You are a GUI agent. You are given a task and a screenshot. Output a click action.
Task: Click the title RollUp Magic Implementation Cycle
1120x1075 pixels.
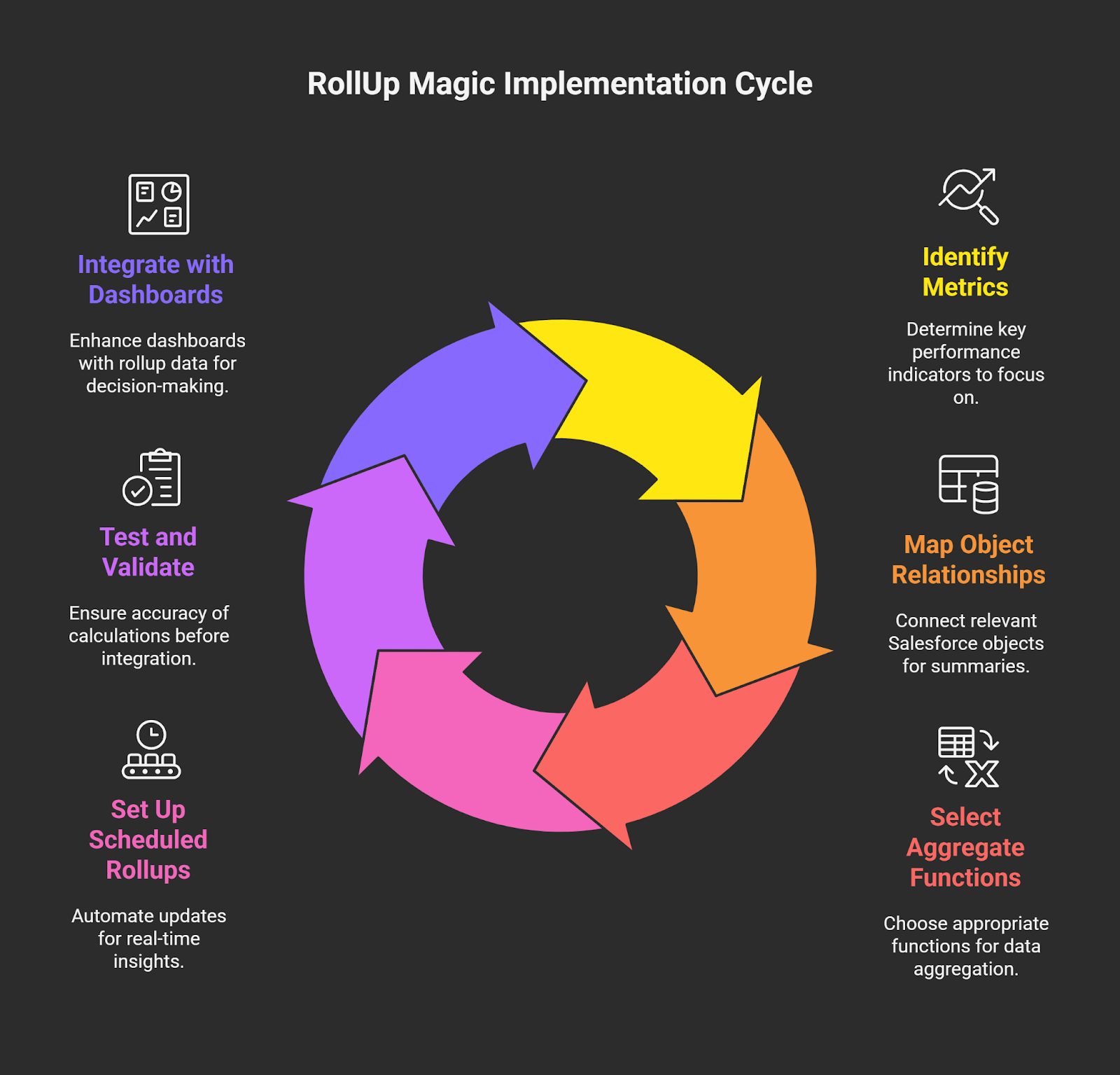click(x=559, y=84)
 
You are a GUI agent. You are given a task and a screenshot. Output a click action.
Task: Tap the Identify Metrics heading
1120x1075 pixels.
click(x=965, y=272)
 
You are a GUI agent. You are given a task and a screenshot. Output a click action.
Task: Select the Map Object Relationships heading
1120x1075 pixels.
click(x=968, y=560)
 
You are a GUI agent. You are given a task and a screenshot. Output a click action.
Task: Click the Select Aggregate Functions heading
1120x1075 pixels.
click(x=965, y=847)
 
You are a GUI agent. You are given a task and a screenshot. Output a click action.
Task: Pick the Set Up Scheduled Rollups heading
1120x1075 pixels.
click(x=148, y=840)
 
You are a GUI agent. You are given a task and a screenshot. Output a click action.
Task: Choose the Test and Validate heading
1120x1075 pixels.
click(x=148, y=552)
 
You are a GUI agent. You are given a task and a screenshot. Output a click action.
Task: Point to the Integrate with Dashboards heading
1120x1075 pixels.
click(x=155, y=279)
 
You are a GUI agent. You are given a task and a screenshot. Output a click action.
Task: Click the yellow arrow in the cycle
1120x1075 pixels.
click(x=658, y=399)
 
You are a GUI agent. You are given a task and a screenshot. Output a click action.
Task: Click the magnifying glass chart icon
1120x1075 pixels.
click(x=969, y=196)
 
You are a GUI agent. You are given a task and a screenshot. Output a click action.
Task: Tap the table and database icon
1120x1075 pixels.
click(x=969, y=484)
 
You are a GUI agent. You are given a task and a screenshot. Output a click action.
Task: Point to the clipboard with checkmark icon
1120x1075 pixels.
click(x=152, y=478)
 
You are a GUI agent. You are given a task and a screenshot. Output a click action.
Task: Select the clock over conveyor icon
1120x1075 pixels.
click(x=151, y=749)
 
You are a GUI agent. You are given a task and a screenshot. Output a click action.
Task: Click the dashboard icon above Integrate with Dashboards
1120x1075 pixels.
click(x=159, y=204)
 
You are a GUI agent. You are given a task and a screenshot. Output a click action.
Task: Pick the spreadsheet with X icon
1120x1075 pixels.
click(x=969, y=757)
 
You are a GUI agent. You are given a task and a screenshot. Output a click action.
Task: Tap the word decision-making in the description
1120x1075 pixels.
click(x=157, y=386)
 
